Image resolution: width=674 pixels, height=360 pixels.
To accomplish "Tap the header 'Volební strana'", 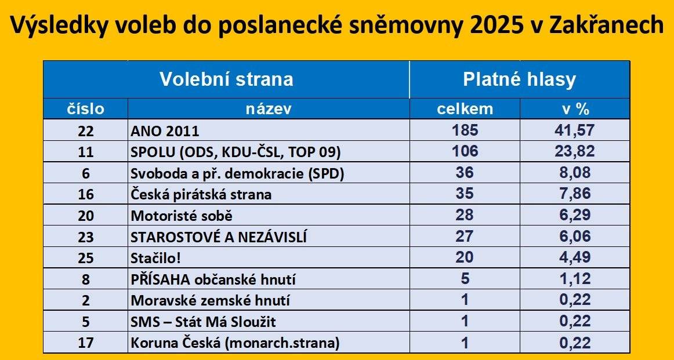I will tap(226, 79).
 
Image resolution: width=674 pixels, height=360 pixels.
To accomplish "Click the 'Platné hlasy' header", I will tap(519, 79).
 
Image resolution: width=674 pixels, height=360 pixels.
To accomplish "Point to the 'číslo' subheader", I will tap(85, 109).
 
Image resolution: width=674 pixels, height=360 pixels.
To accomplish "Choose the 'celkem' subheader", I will tap(465, 109).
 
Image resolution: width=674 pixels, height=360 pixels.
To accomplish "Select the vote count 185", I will tap(465, 130).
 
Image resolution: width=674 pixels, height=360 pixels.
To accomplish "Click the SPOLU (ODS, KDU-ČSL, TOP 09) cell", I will tap(235, 152).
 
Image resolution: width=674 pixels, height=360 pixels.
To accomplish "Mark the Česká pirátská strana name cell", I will tap(201, 195).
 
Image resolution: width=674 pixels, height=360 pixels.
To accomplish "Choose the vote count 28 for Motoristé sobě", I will tap(465, 215).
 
